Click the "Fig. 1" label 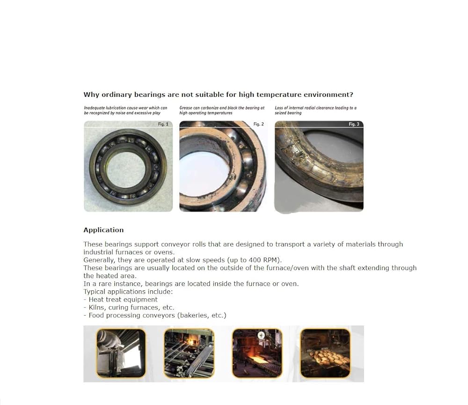coord(163,124)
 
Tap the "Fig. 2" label coord(258,124)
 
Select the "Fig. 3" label coord(354,124)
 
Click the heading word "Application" coord(103,230)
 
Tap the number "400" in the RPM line coord(255,260)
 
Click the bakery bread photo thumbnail coord(325,353)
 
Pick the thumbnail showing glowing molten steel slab coord(257,353)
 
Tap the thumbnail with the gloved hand coord(121,353)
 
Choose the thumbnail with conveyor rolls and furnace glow coord(189,353)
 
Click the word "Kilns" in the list coord(97,307)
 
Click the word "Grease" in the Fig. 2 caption coord(185,108)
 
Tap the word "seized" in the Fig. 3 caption coord(280,113)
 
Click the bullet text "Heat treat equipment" coord(123,300)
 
